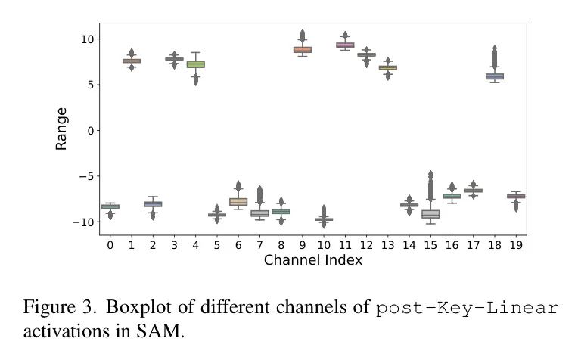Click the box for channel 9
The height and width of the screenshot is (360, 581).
[x=303, y=49]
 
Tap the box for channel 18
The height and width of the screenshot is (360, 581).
[x=495, y=76]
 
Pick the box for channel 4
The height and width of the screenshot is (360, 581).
[x=196, y=64]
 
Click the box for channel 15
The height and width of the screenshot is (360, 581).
[x=430, y=214]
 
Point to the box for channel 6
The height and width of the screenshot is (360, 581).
[x=238, y=201]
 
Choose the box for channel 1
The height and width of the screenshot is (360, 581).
[x=132, y=61]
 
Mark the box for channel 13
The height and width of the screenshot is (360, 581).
[x=388, y=67]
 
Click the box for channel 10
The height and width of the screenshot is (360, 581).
[x=324, y=219]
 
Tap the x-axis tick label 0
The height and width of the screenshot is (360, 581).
[x=110, y=244]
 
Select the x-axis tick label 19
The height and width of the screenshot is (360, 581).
[x=516, y=244]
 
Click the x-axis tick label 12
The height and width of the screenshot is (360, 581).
[x=366, y=244]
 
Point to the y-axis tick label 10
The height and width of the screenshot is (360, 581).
[x=85, y=39]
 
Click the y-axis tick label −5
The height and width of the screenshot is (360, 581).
[x=84, y=176]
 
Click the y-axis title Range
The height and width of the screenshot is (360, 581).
[x=62, y=129]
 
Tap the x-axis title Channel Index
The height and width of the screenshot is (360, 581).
[x=312, y=260]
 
